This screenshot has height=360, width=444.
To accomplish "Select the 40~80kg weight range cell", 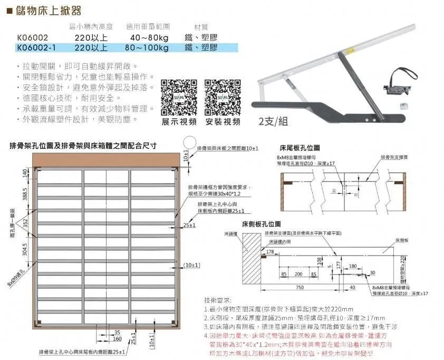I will pos(149,37).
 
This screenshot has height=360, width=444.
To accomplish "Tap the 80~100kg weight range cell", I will pos(149,48).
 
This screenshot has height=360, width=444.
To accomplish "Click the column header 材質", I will pos(201,26).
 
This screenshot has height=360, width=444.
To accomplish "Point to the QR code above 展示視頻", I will pos(179,98).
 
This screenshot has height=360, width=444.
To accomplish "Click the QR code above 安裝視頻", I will pos(223,98).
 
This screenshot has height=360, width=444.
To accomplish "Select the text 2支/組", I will pos(273,121).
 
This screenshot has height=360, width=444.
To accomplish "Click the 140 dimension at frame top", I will pos(24,173).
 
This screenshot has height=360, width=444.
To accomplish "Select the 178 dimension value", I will pos(270,252).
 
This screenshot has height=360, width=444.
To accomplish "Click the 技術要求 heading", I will pos(217,299).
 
